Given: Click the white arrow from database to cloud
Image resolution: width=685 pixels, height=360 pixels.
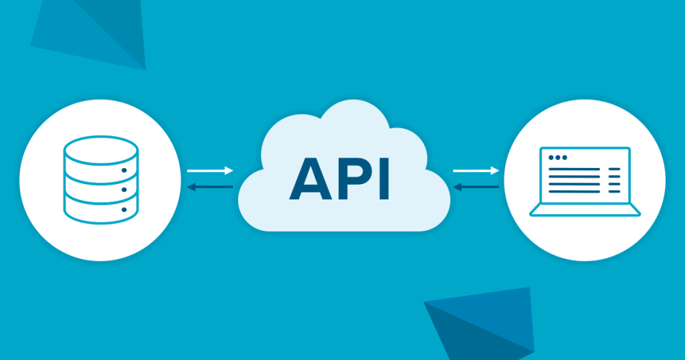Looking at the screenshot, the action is pyautogui.click(x=210, y=171).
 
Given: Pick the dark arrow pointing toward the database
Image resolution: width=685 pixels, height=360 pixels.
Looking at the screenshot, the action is pyautogui.click(x=210, y=187).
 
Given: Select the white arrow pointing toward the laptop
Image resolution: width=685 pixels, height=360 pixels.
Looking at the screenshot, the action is pyautogui.click(x=476, y=171).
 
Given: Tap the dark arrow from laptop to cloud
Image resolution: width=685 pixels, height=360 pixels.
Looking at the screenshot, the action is pyautogui.click(x=476, y=187).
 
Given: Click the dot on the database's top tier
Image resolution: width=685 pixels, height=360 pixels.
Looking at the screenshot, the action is pyautogui.click(x=124, y=170).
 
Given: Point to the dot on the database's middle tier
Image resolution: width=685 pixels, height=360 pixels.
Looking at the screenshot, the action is pyautogui.click(x=124, y=190).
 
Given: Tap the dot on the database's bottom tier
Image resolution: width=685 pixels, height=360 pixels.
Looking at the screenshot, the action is pyautogui.click(x=124, y=209).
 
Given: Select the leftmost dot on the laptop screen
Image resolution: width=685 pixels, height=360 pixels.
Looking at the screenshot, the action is pyautogui.click(x=551, y=158).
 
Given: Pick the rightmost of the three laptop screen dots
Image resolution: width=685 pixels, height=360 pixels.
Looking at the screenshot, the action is pyautogui.click(x=565, y=158).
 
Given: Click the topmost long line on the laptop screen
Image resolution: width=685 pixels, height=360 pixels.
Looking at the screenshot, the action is pyautogui.click(x=575, y=169).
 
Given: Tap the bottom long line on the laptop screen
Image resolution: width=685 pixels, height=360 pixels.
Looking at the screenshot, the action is pyautogui.click(x=575, y=192).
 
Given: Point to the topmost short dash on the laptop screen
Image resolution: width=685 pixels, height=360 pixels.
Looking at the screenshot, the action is pyautogui.click(x=615, y=169).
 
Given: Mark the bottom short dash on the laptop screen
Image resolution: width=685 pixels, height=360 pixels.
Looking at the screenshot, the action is pyautogui.click(x=615, y=192).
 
